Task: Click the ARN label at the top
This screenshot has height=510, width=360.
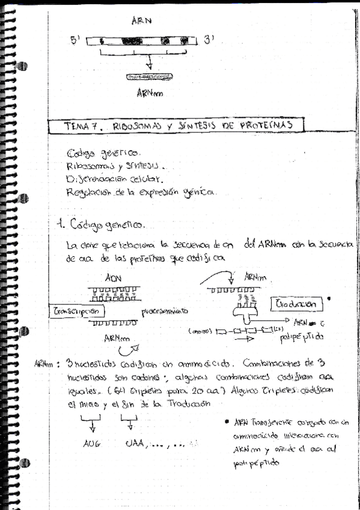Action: (141, 21)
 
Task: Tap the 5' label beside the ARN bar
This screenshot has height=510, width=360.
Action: (76, 41)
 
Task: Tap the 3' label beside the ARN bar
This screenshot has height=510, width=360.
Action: (209, 40)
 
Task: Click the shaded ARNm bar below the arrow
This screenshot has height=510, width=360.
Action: (149, 77)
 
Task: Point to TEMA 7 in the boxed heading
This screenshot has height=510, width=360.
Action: (84, 126)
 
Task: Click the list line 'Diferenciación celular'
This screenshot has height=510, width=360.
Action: (115, 179)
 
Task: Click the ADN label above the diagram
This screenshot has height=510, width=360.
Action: (113, 279)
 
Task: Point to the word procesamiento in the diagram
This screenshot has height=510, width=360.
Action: (165, 312)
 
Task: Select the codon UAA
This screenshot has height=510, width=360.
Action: (136, 443)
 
